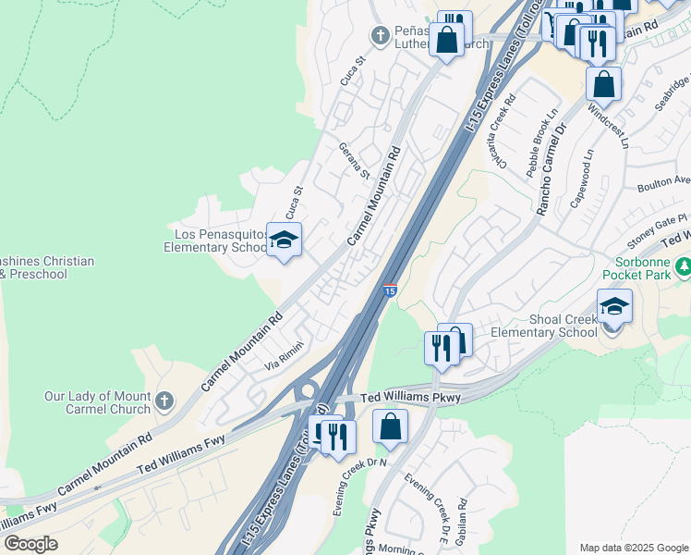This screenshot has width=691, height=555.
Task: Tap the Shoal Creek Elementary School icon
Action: tap(614, 305)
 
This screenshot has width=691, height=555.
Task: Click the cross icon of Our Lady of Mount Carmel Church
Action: tap(164, 400)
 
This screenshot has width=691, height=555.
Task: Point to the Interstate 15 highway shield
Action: tap(390, 290)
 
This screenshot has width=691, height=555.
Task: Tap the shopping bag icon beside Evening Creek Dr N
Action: tap(390, 427)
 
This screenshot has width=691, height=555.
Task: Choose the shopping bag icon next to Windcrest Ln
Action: tap(603, 84)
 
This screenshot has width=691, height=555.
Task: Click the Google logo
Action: tap(30, 544)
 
